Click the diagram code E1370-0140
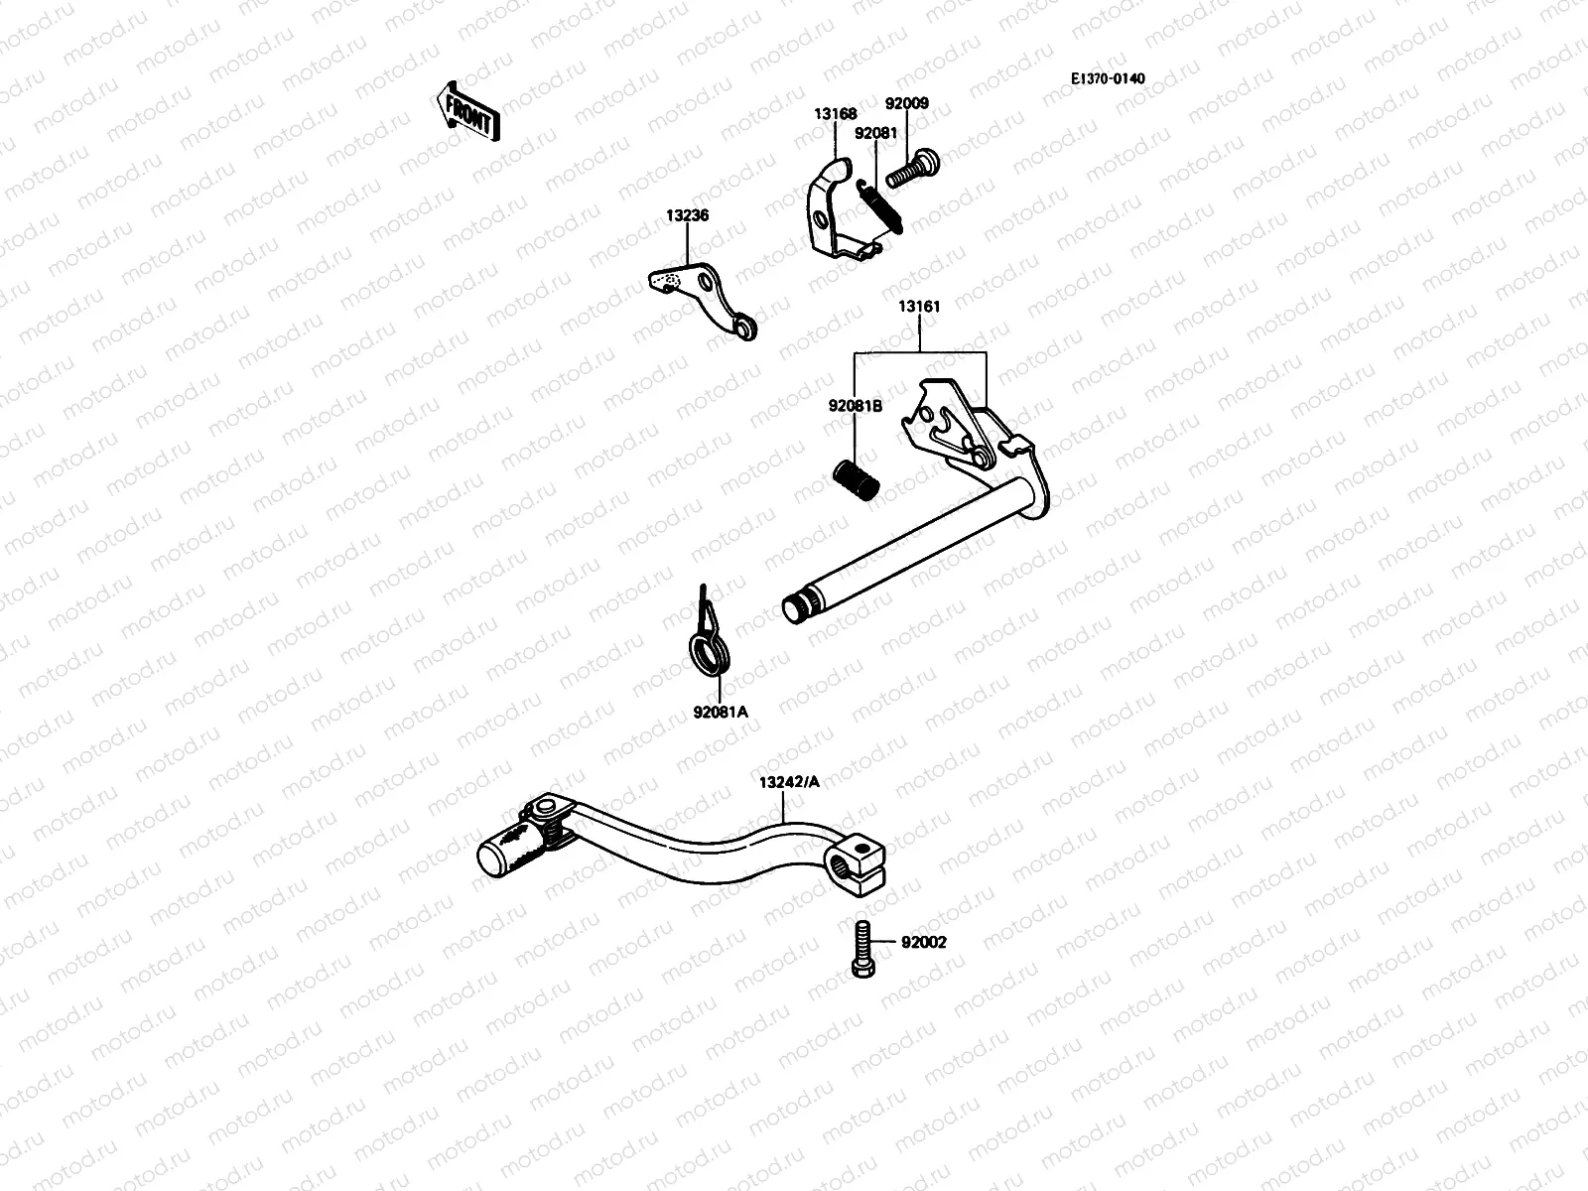click(x=1107, y=77)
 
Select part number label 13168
click(x=836, y=114)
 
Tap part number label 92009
click(x=906, y=102)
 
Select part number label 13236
click(x=687, y=215)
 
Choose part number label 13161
click(x=919, y=307)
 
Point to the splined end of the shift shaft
click(x=795, y=606)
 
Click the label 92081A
click(x=721, y=712)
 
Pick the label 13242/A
click(x=789, y=782)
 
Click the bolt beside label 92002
click(x=861, y=948)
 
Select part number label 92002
click(x=923, y=942)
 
